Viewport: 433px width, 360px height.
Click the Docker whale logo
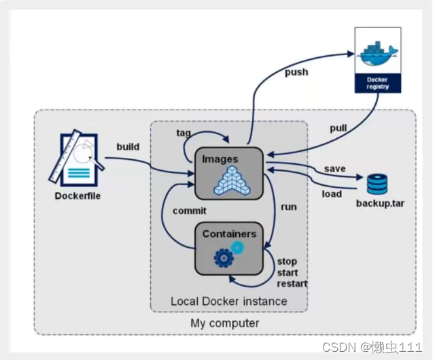pyautogui.click(x=379, y=54)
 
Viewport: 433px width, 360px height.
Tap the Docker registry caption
pyautogui.click(x=378, y=83)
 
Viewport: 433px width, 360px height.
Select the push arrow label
pyautogui.click(x=296, y=72)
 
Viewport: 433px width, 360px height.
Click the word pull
pyautogui.click(x=339, y=129)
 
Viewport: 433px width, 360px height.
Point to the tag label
pyautogui.click(x=184, y=133)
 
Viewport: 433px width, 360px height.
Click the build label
pyautogui.click(x=128, y=147)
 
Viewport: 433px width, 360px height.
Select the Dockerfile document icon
pyautogui.click(x=77, y=158)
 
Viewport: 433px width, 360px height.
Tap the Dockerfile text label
pyautogui.click(x=77, y=196)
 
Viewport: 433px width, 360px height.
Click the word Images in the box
pyautogui.click(x=220, y=159)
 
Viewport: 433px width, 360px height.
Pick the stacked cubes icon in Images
pyautogui.click(x=232, y=180)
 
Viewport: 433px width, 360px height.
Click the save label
pyautogui.click(x=334, y=169)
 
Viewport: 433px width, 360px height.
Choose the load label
pyautogui.click(x=332, y=194)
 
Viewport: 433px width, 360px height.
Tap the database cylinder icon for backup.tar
pyautogui.click(x=377, y=184)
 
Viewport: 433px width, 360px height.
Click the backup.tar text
pyautogui.click(x=380, y=203)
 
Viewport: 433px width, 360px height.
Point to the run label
pyautogui.click(x=289, y=207)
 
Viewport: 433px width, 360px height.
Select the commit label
pyautogui.click(x=190, y=211)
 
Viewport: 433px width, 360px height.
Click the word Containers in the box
pyautogui.click(x=229, y=234)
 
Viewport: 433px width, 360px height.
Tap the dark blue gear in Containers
pyautogui.click(x=224, y=258)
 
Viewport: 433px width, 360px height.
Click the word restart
pyautogui.click(x=292, y=284)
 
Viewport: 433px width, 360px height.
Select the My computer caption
pyautogui.click(x=225, y=323)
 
